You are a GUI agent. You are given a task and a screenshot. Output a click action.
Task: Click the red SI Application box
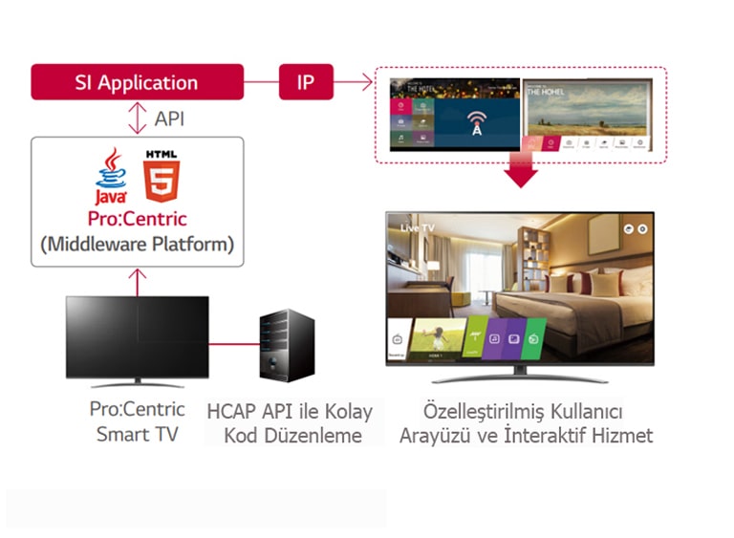click(x=136, y=82)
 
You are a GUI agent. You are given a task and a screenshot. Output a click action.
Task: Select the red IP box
click(x=304, y=82)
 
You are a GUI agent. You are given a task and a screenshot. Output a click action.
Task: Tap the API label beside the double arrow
click(x=169, y=118)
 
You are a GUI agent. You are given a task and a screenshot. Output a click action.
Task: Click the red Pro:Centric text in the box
click(x=137, y=218)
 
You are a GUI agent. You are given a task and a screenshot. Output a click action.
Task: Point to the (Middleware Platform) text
click(x=137, y=244)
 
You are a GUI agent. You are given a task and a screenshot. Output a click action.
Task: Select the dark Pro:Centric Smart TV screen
click(x=137, y=335)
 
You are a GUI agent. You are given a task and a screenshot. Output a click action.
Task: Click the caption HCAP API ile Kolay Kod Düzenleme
click(x=291, y=423)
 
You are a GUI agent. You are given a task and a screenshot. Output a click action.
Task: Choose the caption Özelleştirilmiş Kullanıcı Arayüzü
click(x=524, y=423)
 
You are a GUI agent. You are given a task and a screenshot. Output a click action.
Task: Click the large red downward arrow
click(x=522, y=170)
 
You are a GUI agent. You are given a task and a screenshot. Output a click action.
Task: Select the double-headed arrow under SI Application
click(x=136, y=118)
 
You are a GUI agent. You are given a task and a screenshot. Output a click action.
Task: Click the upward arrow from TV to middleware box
click(x=137, y=282)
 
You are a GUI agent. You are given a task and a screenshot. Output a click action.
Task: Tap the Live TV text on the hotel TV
click(x=418, y=229)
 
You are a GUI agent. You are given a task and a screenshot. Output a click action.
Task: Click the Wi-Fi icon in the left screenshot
click(x=475, y=124)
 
